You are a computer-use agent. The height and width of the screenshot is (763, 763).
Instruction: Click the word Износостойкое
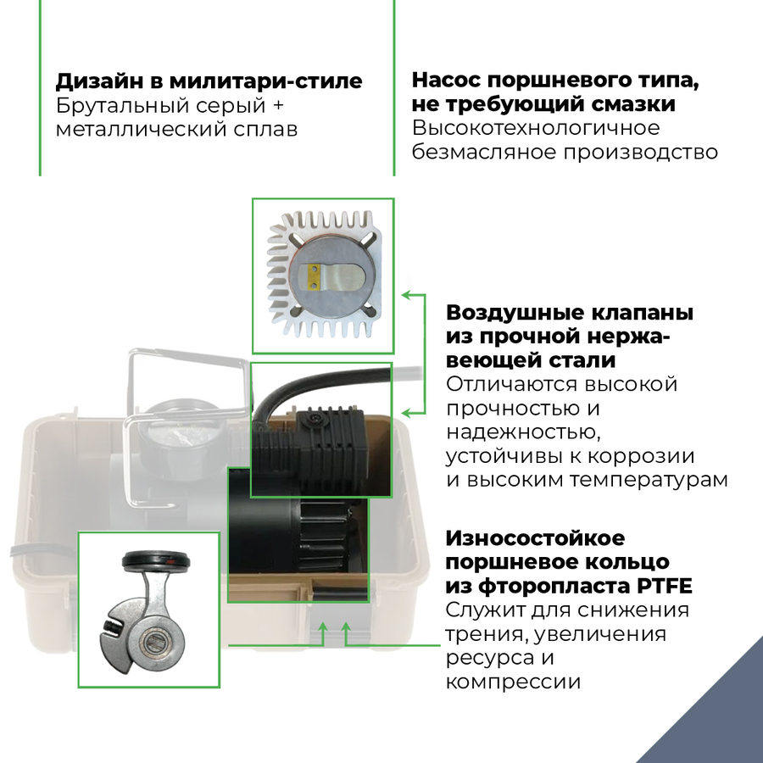[535, 538]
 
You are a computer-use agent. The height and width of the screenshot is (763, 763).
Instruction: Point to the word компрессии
[513, 682]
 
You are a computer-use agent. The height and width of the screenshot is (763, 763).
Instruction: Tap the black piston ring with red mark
[156, 560]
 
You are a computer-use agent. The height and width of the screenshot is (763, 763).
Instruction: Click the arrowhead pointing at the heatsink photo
[405, 295]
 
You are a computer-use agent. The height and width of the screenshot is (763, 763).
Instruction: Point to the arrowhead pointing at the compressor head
[405, 413]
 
